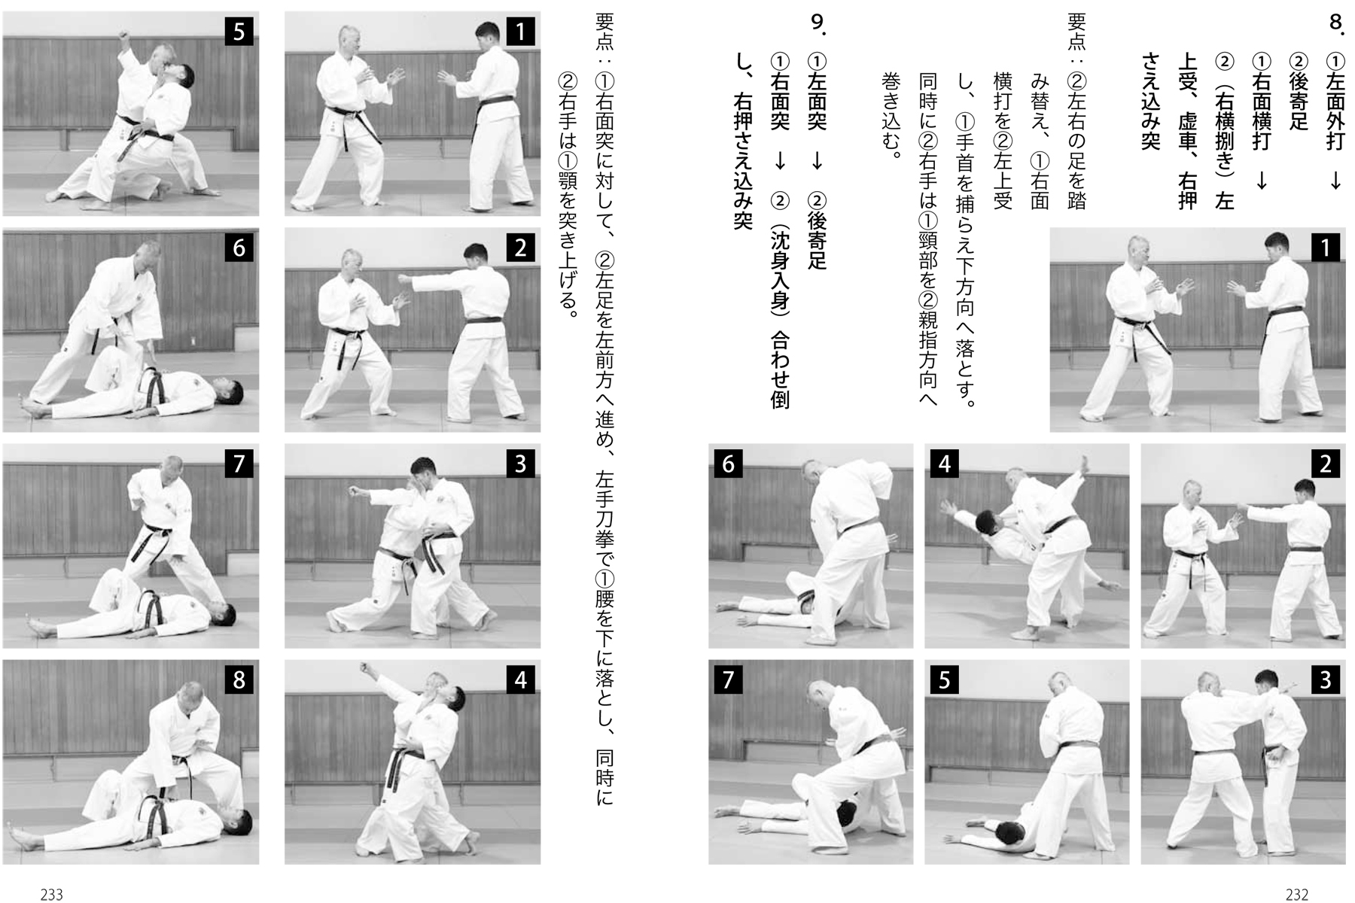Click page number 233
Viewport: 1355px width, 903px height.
point(51,894)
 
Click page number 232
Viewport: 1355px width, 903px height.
point(1296,894)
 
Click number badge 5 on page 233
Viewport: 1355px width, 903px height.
point(239,32)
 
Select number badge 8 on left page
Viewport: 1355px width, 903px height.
point(239,680)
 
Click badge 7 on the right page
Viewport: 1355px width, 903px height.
point(728,680)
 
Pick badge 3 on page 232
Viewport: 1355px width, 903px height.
point(1325,680)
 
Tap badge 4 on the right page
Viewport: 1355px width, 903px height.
point(944,464)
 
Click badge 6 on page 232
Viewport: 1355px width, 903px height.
point(728,464)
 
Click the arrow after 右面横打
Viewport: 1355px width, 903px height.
point(1262,181)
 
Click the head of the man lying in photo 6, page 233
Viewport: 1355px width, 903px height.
point(230,391)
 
